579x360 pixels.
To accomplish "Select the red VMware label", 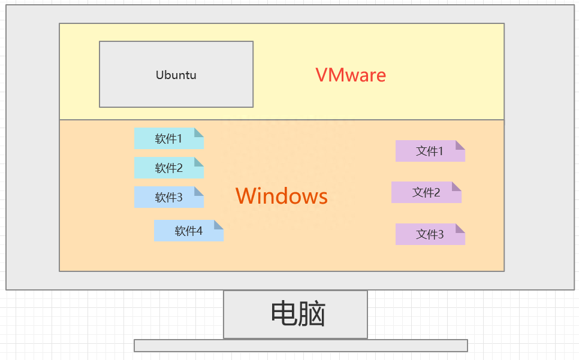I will point(351,75).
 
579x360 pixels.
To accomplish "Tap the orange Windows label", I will point(281,196).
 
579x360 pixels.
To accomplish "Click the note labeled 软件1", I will point(168,139).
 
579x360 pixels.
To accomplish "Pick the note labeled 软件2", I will point(168,168).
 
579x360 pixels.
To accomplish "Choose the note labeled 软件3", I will point(168,198).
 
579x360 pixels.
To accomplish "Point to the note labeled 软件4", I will point(188,231).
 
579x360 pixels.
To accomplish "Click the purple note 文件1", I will point(430,151).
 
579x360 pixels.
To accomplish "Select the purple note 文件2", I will point(426,192).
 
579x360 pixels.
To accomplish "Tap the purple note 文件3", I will point(430,234).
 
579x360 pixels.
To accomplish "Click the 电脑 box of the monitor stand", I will point(295,314).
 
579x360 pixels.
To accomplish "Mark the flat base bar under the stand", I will point(300,346).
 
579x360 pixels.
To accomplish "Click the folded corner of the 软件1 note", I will point(199,132).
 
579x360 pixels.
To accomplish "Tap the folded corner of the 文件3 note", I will point(460,228).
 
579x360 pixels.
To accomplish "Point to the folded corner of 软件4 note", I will point(219,224).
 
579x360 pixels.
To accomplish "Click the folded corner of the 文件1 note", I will point(460,144).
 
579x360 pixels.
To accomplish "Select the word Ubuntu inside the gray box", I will point(176,75).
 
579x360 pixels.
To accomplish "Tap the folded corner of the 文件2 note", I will point(457,186).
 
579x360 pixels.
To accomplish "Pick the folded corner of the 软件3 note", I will point(199,191).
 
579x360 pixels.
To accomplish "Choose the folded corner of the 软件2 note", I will point(199,161).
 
